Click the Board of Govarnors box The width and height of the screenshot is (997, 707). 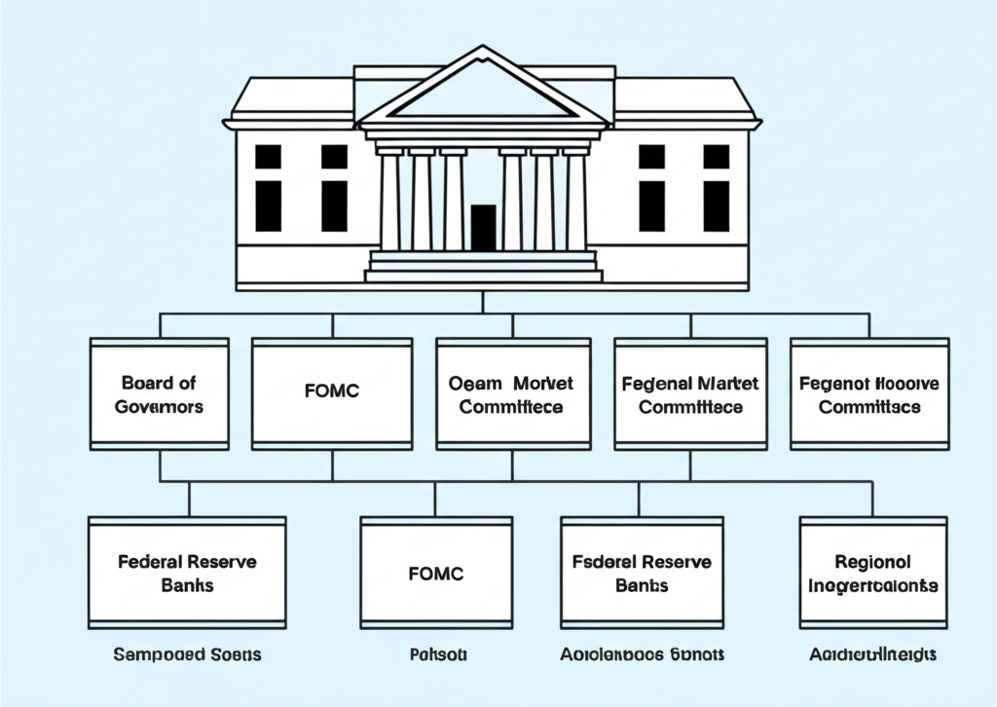coord(160,393)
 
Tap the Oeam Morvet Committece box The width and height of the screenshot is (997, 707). coord(512,393)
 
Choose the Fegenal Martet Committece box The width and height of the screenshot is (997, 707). coord(691,393)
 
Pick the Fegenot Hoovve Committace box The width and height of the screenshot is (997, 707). coord(869,393)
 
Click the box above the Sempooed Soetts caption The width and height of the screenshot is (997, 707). coord(187,573)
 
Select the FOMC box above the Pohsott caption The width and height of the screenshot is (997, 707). coord(436,573)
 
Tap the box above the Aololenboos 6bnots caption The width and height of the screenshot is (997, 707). coord(642,573)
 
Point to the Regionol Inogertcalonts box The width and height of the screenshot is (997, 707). coord(873,573)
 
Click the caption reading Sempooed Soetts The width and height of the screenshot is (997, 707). coord(187,654)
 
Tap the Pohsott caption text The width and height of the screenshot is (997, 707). coord(436,654)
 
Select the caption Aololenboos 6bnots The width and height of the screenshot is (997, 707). coord(642,654)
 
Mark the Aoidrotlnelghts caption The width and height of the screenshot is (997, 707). coord(873,654)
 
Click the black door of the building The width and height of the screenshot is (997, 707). coord(483,228)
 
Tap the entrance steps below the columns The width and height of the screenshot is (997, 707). coord(483,265)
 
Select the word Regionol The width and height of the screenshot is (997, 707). coord(873,562)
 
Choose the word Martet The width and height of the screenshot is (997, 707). coord(727,384)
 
